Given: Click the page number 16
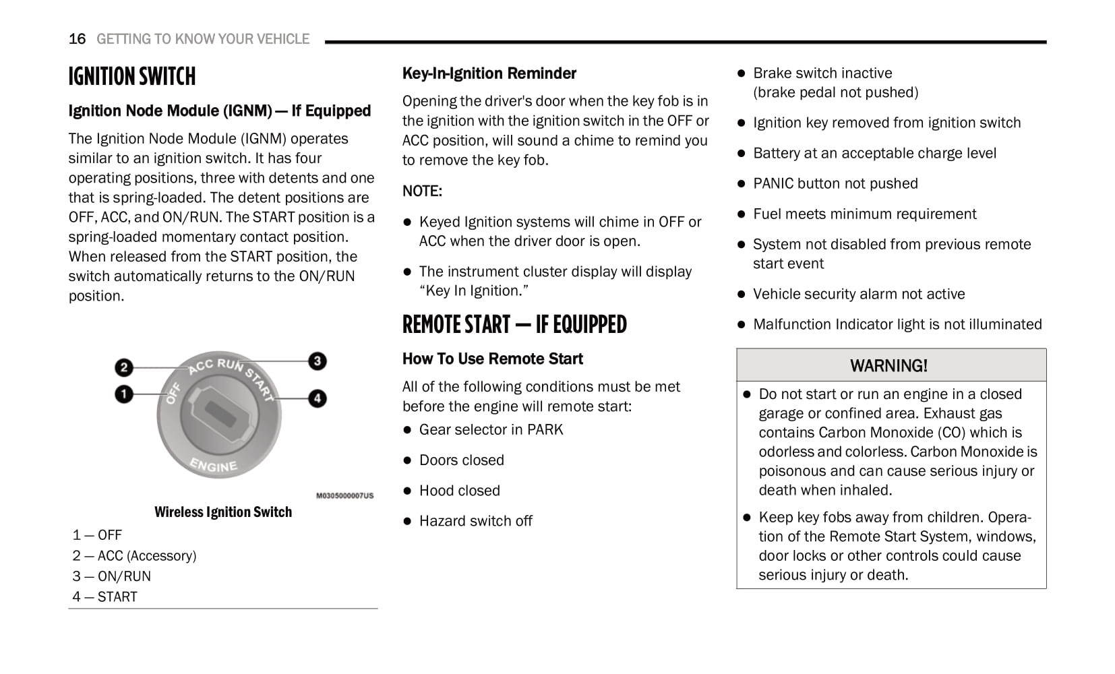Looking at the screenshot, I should [x=77, y=39].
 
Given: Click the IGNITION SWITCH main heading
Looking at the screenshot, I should [x=132, y=77].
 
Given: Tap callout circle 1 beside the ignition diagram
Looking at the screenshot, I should [x=124, y=394].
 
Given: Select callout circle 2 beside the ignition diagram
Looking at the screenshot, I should [x=123, y=367].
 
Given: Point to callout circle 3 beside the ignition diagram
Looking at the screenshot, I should [x=317, y=361].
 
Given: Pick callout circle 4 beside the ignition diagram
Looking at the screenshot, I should [x=317, y=398].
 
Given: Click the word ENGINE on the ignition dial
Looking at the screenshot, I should [x=214, y=465].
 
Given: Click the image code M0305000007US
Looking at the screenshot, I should [x=344, y=495].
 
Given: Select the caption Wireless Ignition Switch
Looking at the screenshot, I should [x=223, y=512].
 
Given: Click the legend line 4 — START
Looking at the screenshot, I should [x=105, y=597].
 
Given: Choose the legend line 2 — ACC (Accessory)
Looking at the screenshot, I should [x=135, y=556].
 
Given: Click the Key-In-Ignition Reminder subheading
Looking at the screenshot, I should [x=489, y=73].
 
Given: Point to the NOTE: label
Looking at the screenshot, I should [x=422, y=191].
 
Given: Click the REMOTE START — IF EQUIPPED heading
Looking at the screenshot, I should [x=514, y=325].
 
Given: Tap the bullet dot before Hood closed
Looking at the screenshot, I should [x=407, y=491].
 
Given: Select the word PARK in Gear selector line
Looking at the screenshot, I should [x=545, y=430].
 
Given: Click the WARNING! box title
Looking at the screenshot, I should [x=888, y=366].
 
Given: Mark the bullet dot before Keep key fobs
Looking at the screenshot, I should [x=747, y=518].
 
